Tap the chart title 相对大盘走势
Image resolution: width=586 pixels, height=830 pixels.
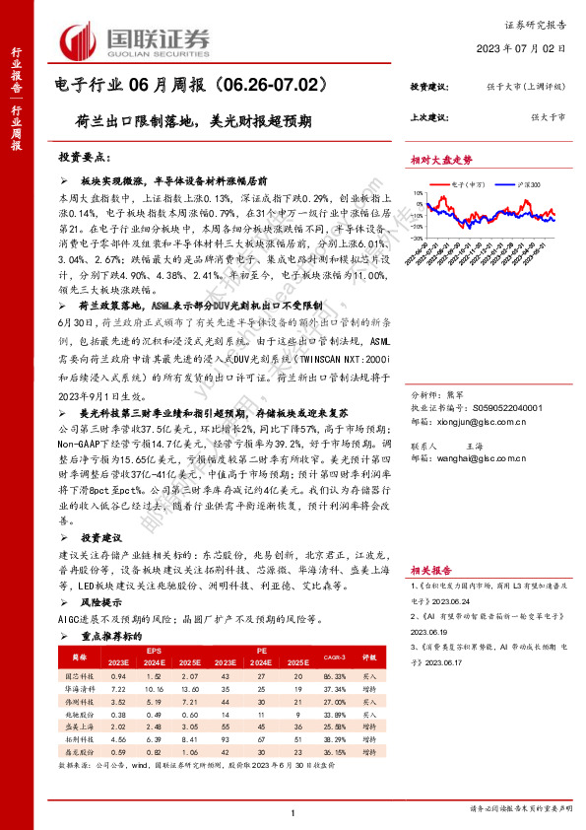click(x=441, y=160)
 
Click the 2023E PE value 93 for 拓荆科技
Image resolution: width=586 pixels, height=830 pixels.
click(x=228, y=737)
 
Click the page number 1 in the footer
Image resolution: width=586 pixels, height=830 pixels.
click(x=293, y=811)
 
